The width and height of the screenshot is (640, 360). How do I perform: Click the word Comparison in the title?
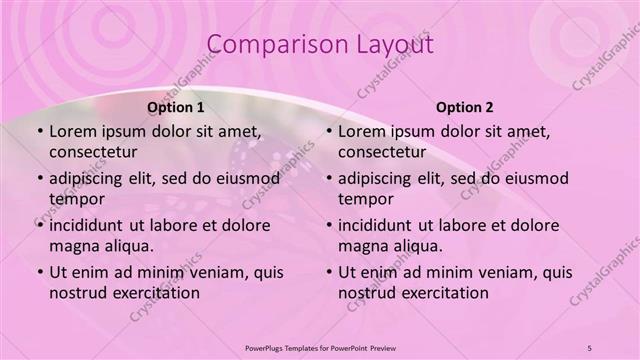[269, 45]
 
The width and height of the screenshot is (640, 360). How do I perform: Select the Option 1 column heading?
[176, 107]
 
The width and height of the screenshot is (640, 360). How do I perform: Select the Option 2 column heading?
[465, 107]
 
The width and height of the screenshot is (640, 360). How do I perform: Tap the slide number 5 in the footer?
[590, 347]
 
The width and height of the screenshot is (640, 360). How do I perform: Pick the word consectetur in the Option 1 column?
[93, 152]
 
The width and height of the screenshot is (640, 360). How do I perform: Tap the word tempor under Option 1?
[73, 199]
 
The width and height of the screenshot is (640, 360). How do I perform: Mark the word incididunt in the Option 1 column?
[90, 225]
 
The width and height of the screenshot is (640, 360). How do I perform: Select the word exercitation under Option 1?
[154, 293]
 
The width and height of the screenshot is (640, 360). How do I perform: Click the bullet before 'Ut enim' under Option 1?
[39, 273]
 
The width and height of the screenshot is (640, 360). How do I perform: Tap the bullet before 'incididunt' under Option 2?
[328, 226]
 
